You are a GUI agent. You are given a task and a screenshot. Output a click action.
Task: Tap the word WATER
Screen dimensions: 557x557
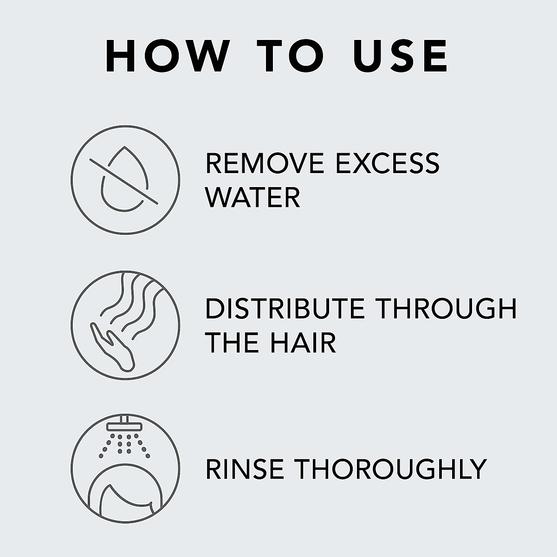tap(253, 197)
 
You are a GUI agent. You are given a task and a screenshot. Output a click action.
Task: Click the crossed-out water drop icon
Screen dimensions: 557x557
tap(125, 179)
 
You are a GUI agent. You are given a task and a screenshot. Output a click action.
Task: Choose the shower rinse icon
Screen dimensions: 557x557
tap(125, 470)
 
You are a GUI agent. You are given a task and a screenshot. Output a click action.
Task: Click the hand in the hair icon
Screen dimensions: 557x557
tap(114, 346)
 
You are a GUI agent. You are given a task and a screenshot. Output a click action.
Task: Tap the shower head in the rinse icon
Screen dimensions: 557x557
tap(125, 426)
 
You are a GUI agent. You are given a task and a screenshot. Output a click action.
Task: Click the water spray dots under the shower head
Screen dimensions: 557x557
tap(124, 443)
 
